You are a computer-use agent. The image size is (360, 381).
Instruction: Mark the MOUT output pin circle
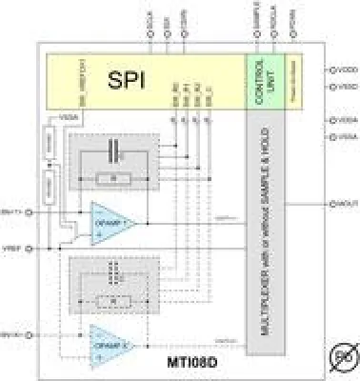coord(329,203)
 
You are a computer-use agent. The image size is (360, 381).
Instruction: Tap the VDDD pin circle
coord(329,70)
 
